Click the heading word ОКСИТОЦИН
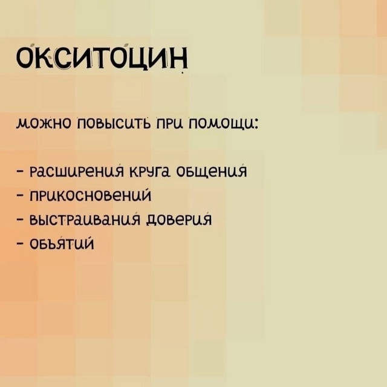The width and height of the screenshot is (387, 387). (102, 58)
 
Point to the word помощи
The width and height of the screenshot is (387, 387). (221, 123)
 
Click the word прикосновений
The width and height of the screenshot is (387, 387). (90, 195)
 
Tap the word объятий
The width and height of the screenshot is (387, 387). (62, 243)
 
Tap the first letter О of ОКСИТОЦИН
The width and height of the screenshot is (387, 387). (25, 58)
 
